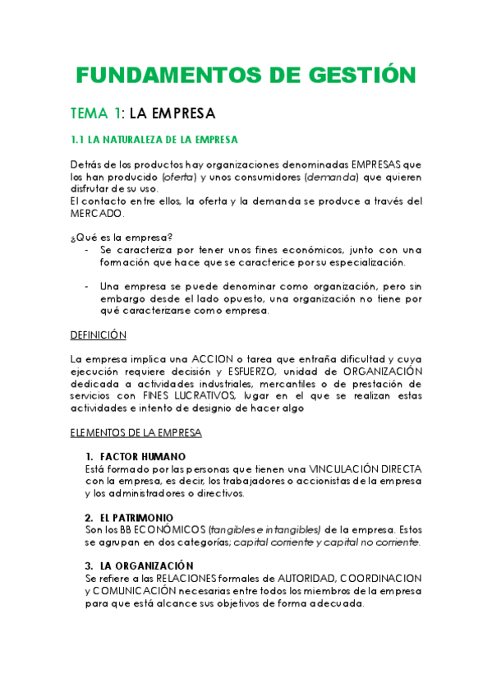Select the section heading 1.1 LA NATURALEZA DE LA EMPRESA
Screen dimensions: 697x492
tap(154, 139)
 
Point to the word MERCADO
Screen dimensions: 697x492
tap(97, 213)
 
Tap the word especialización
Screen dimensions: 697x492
tap(363, 261)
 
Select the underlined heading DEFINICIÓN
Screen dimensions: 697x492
tap(99, 335)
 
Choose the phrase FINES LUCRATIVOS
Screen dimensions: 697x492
tap(191, 395)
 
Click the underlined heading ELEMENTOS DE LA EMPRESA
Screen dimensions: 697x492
tap(136, 432)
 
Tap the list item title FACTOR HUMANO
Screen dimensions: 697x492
tap(143, 456)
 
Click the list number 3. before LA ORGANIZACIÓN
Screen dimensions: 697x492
tap(89, 565)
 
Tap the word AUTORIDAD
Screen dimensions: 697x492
tap(287, 578)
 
